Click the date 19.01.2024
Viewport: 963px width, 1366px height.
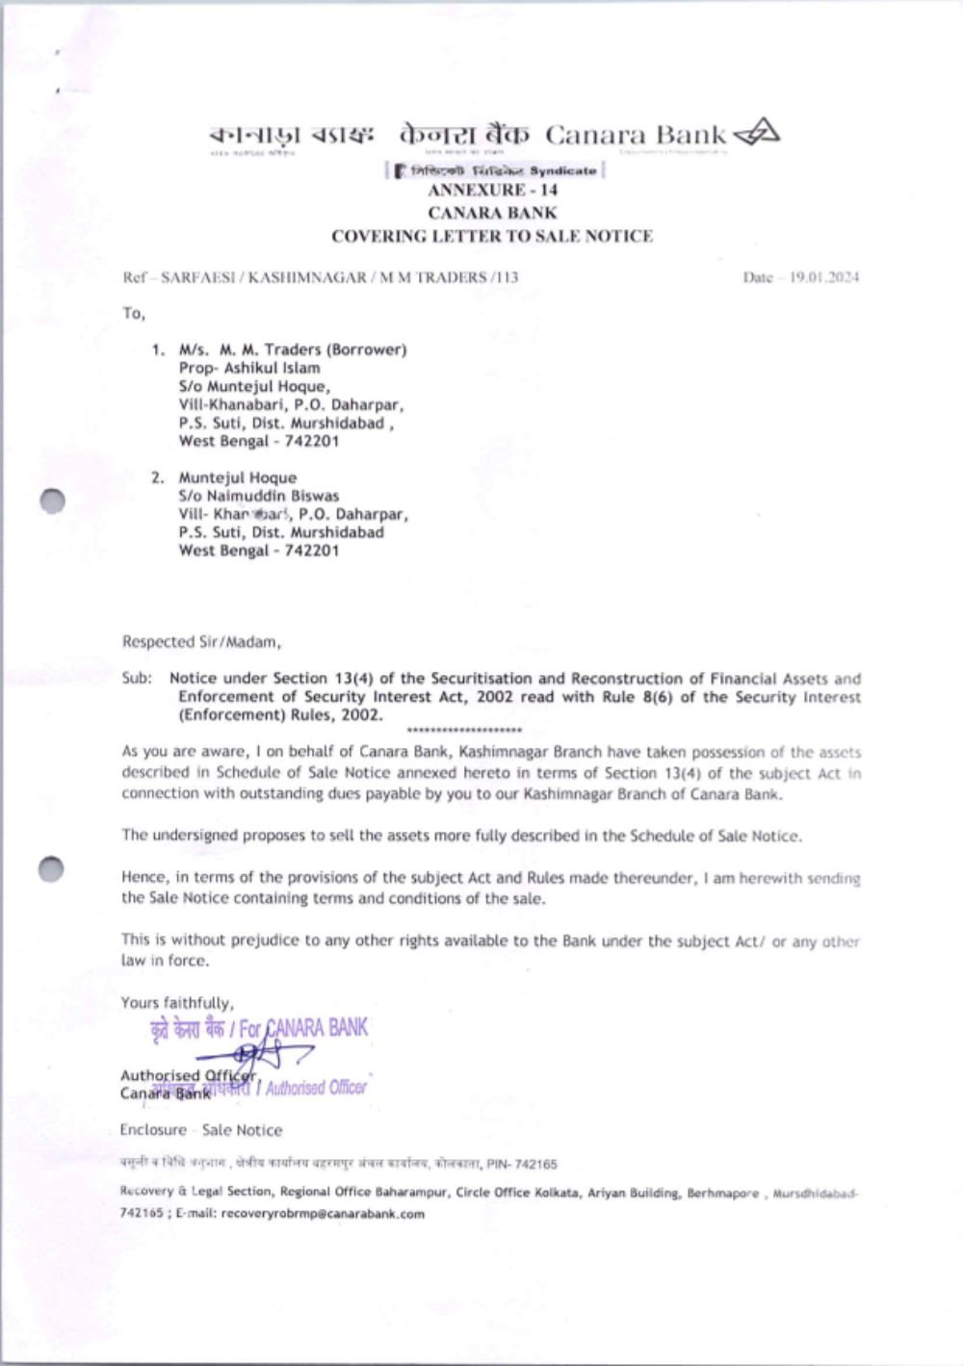click(823, 277)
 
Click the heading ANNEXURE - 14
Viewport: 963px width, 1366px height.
click(492, 190)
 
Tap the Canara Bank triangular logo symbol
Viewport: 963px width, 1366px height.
click(757, 134)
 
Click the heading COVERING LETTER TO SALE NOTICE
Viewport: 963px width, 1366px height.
click(492, 236)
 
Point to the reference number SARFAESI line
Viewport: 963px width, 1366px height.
click(321, 277)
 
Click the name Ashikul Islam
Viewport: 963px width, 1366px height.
click(273, 368)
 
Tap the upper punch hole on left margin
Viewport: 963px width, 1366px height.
click(52, 501)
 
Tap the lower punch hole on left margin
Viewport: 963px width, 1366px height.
click(52, 868)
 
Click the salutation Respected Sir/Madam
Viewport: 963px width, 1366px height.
click(201, 641)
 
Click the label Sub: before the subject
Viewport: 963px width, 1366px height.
click(137, 678)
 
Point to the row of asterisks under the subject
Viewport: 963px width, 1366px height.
click(465, 731)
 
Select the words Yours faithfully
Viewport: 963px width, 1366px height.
click(177, 1002)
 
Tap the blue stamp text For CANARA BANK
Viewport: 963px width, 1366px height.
click(303, 1028)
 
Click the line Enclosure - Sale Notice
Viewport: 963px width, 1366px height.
click(201, 1130)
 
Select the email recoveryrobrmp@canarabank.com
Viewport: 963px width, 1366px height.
click(323, 1214)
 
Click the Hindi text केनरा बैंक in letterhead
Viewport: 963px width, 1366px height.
click(463, 135)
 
